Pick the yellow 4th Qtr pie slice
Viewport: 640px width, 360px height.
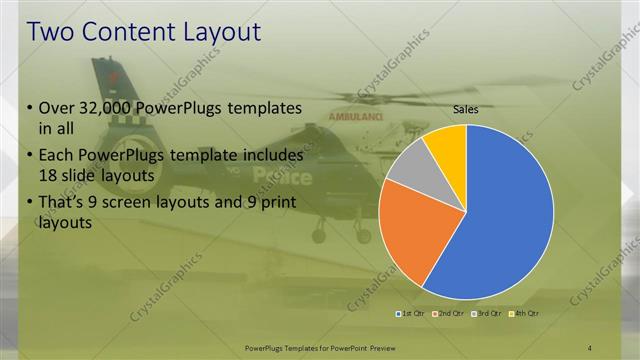[445, 145]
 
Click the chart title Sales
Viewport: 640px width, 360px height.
[465, 109]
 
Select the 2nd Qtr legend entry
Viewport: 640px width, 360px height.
[449, 314]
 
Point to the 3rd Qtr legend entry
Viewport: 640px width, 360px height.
[487, 314]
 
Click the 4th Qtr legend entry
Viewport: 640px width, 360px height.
[525, 314]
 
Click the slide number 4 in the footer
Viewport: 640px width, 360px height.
[590, 346]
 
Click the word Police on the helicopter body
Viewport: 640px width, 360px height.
[282, 176]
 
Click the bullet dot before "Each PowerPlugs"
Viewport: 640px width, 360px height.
[29, 157]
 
